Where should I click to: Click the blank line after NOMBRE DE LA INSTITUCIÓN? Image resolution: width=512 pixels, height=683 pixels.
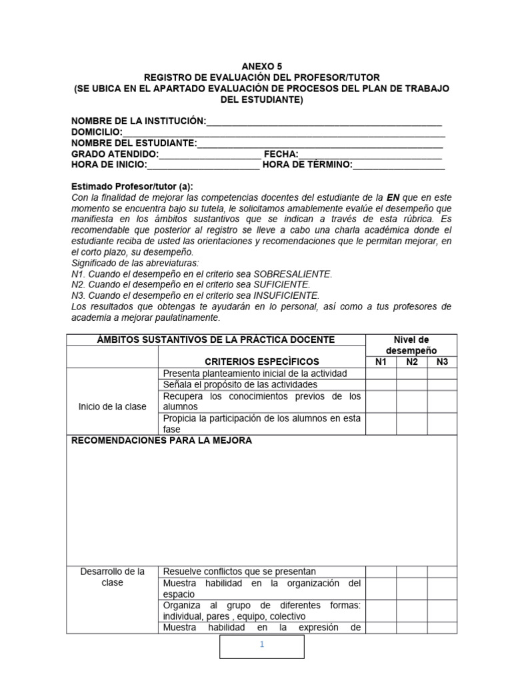pyautogui.click(x=324, y=122)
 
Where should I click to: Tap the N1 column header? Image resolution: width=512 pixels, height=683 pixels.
pyautogui.click(x=381, y=362)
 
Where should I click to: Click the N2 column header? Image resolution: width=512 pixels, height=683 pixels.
pyautogui.click(x=412, y=362)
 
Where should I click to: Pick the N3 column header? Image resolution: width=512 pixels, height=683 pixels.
pyautogui.click(x=442, y=362)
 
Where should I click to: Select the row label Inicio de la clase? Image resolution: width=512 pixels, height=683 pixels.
pyautogui.click(x=112, y=406)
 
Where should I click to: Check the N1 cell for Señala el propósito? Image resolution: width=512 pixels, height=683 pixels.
pyautogui.click(x=381, y=385)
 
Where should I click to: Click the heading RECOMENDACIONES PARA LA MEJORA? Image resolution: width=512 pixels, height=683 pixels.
pyautogui.click(x=161, y=442)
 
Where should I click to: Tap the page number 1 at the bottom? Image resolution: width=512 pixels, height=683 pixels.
pyautogui.click(x=263, y=645)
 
